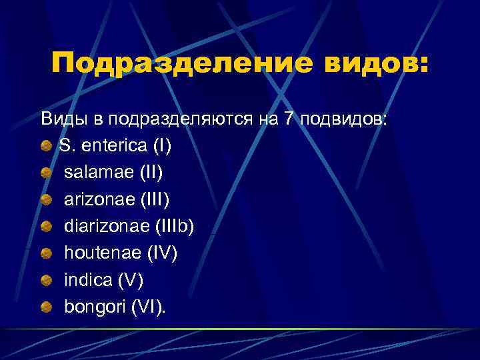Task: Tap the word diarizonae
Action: pos(106,226)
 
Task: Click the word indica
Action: pos(87,280)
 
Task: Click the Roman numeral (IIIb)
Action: pos(173,226)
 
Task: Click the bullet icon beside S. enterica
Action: pos(45,146)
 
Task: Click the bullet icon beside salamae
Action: pos(45,173)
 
